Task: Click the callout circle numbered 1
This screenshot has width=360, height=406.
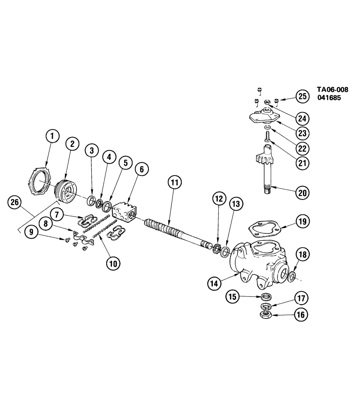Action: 52,136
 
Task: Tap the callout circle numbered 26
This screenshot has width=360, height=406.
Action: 15,203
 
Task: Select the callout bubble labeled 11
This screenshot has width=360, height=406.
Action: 174,183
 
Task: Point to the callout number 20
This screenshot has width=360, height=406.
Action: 302,192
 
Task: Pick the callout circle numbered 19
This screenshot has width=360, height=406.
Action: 302,221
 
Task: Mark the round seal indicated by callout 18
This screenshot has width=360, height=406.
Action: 292,277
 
